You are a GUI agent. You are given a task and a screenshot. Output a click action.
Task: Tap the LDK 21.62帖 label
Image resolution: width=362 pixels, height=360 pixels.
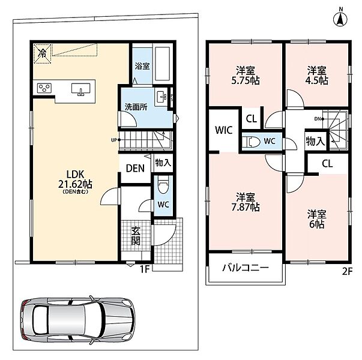(x=75, y=179)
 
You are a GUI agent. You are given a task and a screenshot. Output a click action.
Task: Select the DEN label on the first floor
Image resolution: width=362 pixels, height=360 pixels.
(x=135, y=168)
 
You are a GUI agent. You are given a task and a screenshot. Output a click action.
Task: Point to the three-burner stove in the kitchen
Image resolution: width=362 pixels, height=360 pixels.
(x=44, y=88)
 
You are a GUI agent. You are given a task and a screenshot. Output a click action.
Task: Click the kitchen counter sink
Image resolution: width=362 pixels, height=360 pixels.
(x=80, y=89)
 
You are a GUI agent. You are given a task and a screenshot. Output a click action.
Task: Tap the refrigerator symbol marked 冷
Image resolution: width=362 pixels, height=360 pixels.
(x=43, y=54)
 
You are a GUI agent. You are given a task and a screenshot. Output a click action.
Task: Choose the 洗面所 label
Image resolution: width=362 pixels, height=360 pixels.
(x=136, y=107)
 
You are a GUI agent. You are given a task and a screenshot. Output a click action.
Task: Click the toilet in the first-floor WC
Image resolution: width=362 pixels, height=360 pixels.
(x=163, y=185)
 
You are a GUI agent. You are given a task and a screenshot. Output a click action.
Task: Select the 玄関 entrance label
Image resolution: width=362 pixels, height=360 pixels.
(x=136, y=236)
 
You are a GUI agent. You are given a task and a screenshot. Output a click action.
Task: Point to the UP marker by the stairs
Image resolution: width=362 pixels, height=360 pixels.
(x=116, y=140)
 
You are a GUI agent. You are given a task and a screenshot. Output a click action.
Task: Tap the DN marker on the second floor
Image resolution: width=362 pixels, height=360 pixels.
(x=319, y=119)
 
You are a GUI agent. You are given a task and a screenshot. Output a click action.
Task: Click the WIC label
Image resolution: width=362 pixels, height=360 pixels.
(x=223, y=130)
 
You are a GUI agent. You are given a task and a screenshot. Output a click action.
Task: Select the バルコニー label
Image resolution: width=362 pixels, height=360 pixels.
(x=246, y=268)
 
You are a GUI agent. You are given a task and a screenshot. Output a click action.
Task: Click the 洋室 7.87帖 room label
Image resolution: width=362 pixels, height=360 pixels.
(x=246, y=202)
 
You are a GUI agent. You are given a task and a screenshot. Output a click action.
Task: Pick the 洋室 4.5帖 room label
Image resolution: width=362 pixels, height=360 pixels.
(x=317, y=76)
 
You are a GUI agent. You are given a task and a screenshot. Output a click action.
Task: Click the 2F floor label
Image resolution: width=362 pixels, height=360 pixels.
(x=347, y=272)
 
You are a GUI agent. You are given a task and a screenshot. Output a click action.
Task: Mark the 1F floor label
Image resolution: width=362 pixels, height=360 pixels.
(x=145, y=269)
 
